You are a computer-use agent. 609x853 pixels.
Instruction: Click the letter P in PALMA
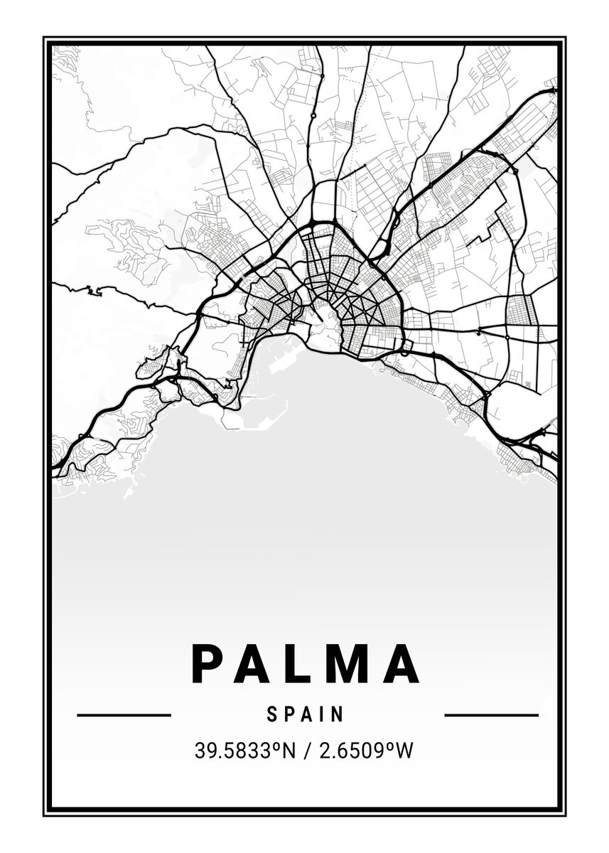click(206, 663)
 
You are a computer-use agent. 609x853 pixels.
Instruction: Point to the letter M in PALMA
click(347, 663)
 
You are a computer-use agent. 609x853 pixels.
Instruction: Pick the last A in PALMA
click(400, 663)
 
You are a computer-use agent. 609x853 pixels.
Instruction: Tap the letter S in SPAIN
click(272, 714)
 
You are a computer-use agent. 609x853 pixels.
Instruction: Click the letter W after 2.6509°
click(404, 751)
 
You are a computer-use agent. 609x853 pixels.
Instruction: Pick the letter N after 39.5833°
click(287, 751)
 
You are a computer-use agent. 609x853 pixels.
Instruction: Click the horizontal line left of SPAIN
click(124, 714)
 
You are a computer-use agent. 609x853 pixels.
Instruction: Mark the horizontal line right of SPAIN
click(491, 714)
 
